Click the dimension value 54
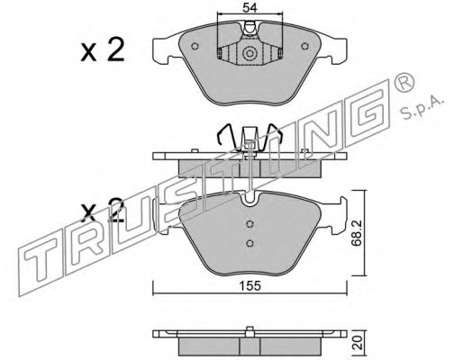250,8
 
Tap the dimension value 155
250,286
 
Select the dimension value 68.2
357,233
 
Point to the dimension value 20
358,343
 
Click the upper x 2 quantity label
103,50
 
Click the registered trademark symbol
404,81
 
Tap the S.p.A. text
422,109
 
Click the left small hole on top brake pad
195,46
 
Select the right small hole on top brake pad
304,46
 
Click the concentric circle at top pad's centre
250,54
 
